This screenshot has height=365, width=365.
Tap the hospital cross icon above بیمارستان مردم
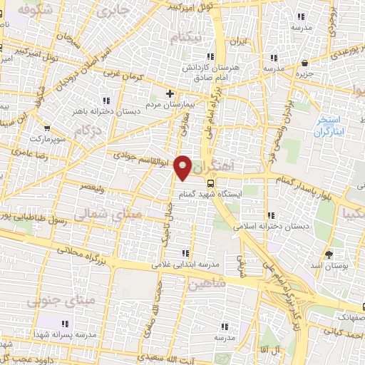pyautogui.click(x=170, y=93)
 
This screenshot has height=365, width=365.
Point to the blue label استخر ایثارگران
pyautogui.click(x=330, y=127)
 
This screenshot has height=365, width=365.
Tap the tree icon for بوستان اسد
pyautogui.click(x=328, y=255)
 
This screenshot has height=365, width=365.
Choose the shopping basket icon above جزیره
pyautogui.click(x=305, y=63)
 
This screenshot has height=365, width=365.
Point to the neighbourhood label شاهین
pyautogui.click(x=206, y=282)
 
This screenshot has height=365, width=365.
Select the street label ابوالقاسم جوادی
pyautogui.click(x=143, y=158)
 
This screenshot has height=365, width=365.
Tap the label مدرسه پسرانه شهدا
pyautogui.click(x=66, y=334)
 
